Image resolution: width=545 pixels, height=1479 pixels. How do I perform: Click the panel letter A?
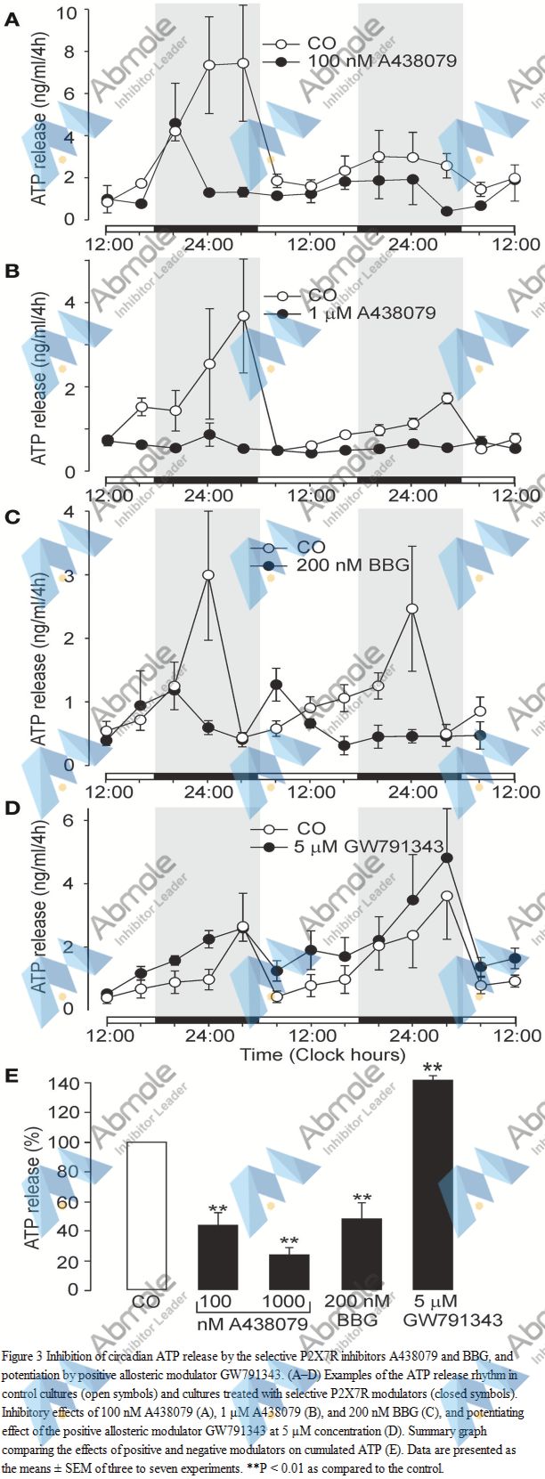click(12, 19)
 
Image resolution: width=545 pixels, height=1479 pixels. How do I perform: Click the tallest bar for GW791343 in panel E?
click(434, 1184)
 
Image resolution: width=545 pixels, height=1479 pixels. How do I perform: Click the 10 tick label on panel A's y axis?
click(66, 12)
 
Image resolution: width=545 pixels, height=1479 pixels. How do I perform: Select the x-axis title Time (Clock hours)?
click(322, 1055)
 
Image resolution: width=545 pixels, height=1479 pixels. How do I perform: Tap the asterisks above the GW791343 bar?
click(433, 1069)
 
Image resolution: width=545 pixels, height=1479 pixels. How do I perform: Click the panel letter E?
click(12, 1076)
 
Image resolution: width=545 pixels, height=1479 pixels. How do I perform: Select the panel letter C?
click(12, 516)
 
